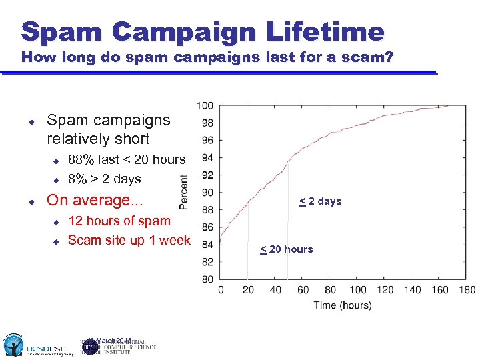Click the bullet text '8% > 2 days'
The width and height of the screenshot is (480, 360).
105,179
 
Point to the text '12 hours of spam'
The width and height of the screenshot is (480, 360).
119,221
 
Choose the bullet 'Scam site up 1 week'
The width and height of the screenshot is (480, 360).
129,240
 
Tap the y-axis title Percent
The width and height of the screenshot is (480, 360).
184,193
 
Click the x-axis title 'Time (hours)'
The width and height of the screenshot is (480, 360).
343,305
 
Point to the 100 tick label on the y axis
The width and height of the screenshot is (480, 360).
205,105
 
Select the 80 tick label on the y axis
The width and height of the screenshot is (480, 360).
207,279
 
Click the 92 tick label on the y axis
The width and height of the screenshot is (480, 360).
207,175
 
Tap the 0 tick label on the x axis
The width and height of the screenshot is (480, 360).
221,290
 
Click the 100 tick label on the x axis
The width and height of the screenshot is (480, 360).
358,290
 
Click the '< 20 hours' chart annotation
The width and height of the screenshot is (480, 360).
286,249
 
